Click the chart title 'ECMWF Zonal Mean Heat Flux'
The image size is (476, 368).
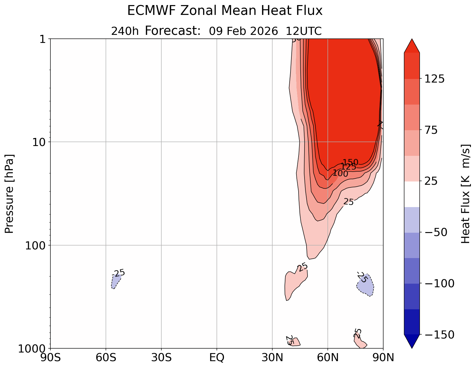[225, 11]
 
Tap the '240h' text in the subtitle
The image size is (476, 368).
[125, 31]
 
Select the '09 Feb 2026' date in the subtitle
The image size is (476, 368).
[243, 31]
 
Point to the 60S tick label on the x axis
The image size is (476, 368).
[106, 358]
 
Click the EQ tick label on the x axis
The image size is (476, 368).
[217, 358]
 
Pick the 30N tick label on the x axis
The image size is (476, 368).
[272, 358]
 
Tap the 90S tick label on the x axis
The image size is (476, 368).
[50, 358]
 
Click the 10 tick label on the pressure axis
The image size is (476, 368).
[38, 142]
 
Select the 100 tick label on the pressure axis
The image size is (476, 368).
[35, 246]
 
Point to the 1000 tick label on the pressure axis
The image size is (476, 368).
[33, 348]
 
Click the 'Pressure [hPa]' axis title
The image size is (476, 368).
[10, 194]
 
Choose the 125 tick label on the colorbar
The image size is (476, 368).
[434, 79]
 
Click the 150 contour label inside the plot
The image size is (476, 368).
[350, 162]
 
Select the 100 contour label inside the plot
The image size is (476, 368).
[340, 173]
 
